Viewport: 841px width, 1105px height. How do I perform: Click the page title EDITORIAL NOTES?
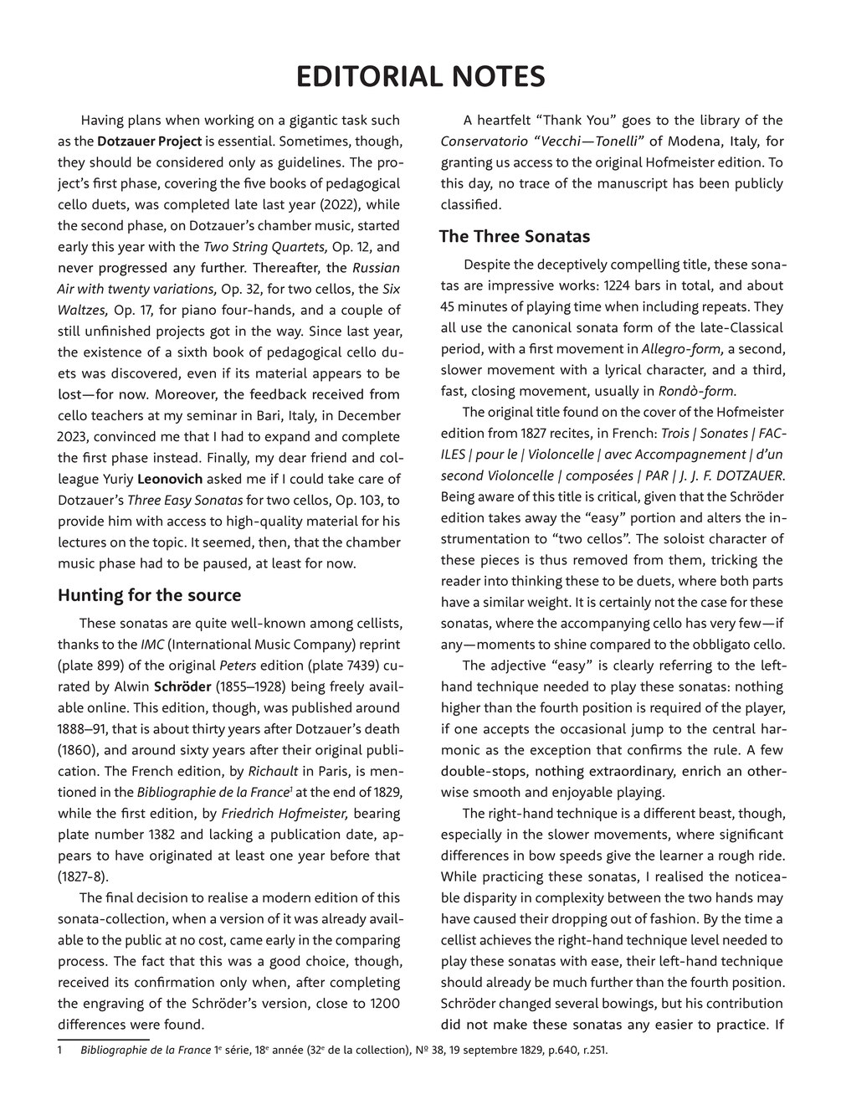[420, 77]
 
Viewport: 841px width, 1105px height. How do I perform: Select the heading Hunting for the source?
[149, 595]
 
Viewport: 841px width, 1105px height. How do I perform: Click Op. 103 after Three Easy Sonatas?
[358, 500]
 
